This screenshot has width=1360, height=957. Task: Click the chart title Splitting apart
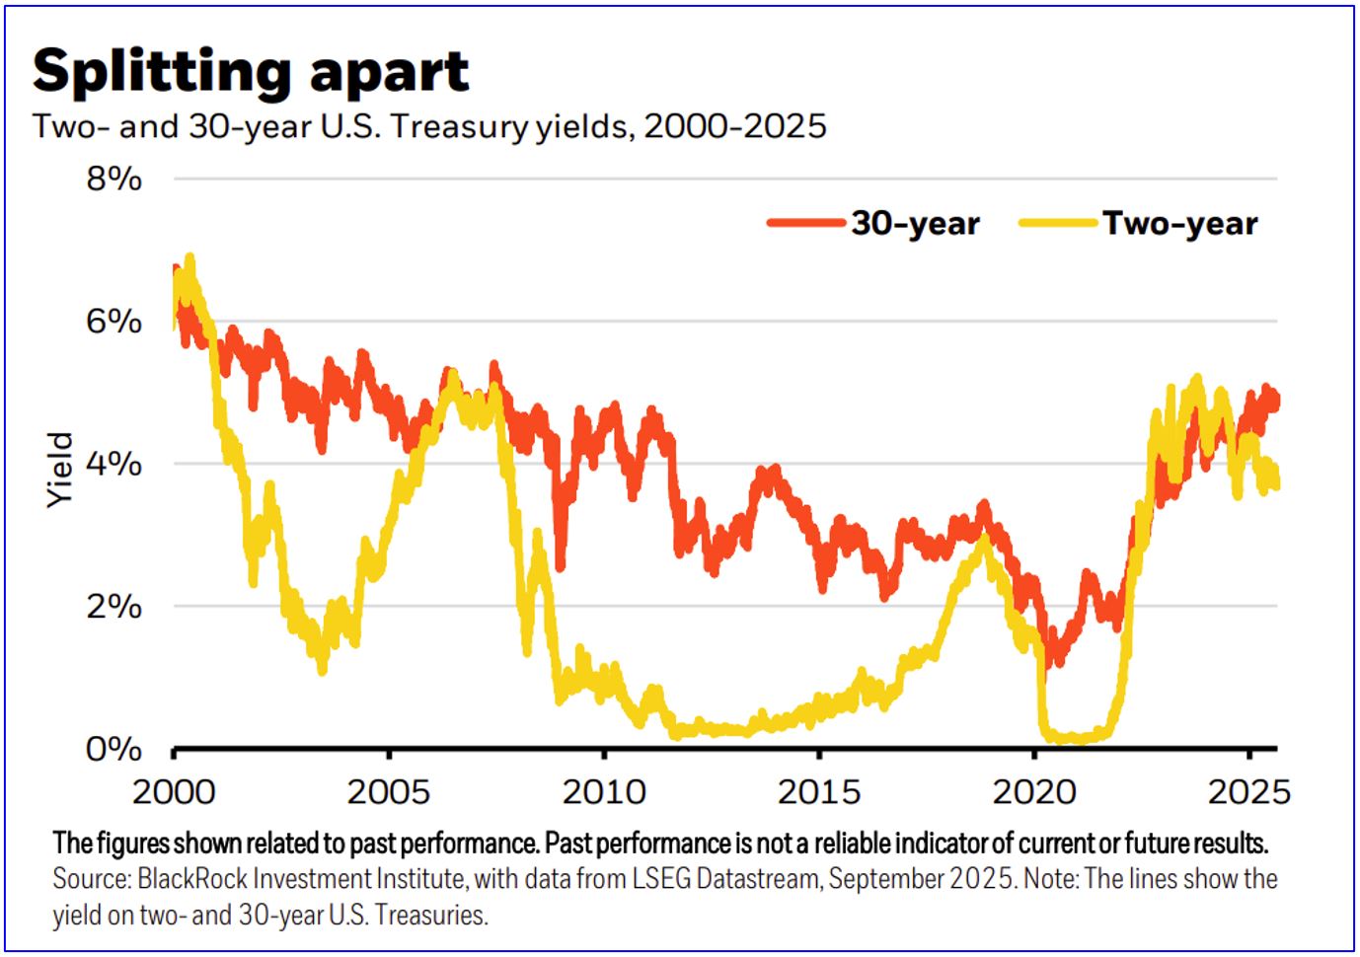[251, 71]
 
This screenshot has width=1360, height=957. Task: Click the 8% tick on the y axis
[114, 179]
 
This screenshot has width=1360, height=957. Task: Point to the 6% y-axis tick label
[114, 321]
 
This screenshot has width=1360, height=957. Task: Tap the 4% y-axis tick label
[114, 463]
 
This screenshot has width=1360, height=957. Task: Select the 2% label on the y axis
[114, 606]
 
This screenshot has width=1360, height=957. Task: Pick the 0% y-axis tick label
[114, 749]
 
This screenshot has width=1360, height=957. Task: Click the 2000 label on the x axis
[174, 791]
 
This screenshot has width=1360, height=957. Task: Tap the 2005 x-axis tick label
[389, 791]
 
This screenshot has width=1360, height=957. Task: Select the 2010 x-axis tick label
[604, 791]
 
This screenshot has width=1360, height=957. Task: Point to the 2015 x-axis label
[819, 791]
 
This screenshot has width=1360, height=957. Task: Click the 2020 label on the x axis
[1034, 791]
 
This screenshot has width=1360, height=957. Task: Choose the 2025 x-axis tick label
[1249, 791]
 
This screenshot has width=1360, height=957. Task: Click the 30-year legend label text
[916, 223]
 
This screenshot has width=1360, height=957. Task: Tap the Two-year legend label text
[1180, 223]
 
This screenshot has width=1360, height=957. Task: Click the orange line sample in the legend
[805, 223]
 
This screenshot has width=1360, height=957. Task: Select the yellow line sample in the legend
[1058, 223]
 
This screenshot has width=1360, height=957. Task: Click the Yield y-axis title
[60, 470]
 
